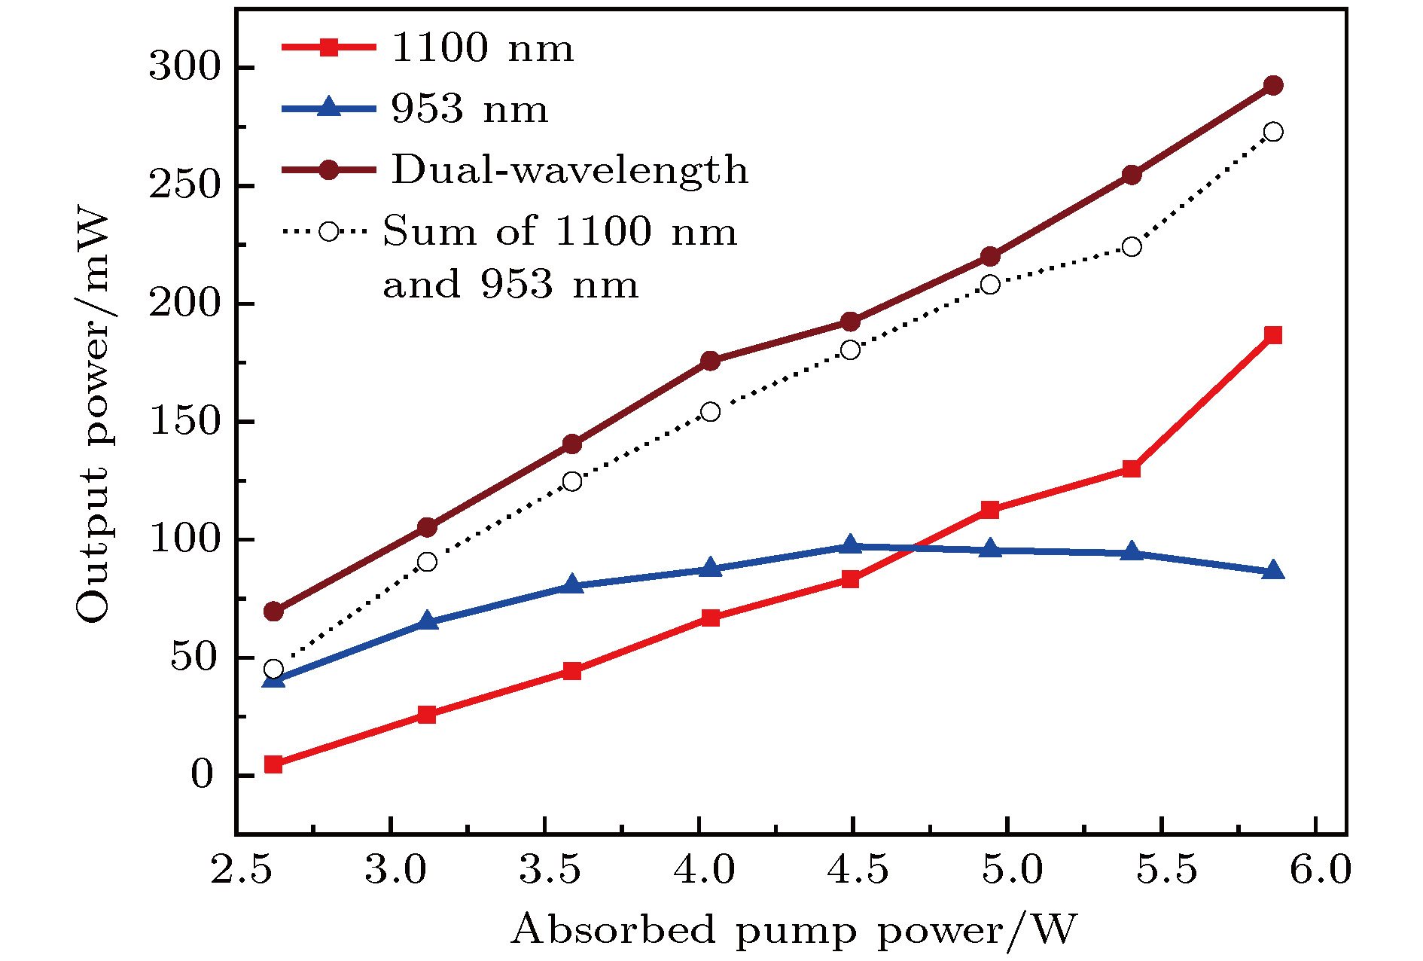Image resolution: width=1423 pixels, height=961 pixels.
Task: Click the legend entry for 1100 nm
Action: coord(482,48)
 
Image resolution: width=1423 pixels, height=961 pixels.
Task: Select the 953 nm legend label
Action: coord(469,109)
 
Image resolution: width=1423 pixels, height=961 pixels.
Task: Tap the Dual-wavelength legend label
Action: coord(569,169)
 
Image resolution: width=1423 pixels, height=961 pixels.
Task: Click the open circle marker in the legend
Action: coord(329,230)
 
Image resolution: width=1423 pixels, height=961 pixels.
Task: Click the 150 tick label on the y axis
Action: coord(182,422)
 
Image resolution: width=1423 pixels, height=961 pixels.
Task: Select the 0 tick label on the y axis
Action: coord(202,776)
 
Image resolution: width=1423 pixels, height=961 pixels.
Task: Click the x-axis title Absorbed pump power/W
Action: coord(794,930)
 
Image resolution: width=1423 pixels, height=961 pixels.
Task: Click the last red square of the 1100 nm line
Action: coord(1273,335)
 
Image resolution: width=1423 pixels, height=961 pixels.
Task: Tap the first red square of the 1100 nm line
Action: coord(273,765)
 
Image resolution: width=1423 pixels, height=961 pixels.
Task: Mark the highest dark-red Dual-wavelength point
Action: coord(1273,85)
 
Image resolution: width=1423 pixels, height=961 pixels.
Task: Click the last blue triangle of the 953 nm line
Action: coord(1273,571)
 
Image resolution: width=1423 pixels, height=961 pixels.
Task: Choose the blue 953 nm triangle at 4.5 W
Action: coord(851,545)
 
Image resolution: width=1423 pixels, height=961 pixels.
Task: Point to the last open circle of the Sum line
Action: coord(1273,132)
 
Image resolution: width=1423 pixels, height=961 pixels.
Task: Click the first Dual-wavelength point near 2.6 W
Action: coord(273,611)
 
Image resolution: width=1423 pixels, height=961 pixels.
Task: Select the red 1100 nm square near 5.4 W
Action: coord(1131,469)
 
